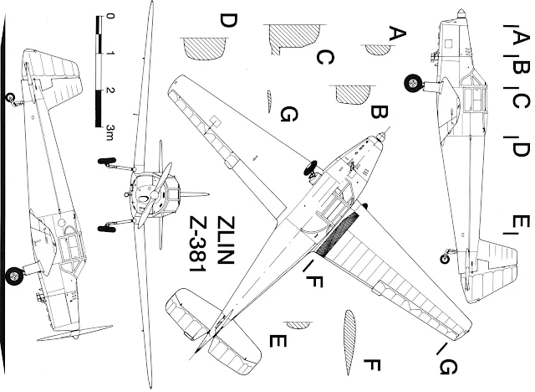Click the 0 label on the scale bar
[111, 16]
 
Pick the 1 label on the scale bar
[111, 54]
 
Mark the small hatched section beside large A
[378, 49]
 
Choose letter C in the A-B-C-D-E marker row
[520, 102]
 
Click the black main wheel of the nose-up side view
[413, 83]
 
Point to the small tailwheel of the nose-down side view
[9, 97]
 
